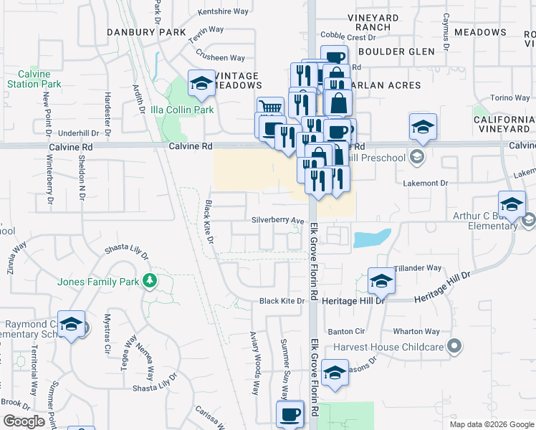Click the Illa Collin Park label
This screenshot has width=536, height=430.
pyautogui.click(x=182, y=110)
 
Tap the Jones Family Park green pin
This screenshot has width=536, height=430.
pyautogui.click(x=150, y=279)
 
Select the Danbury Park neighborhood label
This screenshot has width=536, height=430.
pyautogui.click(x=146, y=32)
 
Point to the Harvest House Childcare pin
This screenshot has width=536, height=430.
pyautogui.click(x=454, y=348)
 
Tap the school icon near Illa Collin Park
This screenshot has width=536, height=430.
pyautogui.click(x=202, y=85)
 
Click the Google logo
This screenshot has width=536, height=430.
pyautogui.click(x=24, y=421)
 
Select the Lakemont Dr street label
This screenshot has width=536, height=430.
pyautogui.click(x=425, y=183)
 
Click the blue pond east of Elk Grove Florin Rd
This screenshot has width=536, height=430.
pyautogui.click(x=372, y=238)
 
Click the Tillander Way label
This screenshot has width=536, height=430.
pyautogui.click(x=418, y=268)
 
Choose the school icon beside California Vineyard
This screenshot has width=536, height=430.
pyautogui.click(x=423, y=126)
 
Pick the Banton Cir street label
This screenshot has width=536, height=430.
pyautogui.click(x=347, y=332)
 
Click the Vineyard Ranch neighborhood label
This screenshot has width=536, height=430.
pyautogui.click(x=373, y=22)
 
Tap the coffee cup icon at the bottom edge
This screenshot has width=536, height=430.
pyautogui.click(x=291, y=414)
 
